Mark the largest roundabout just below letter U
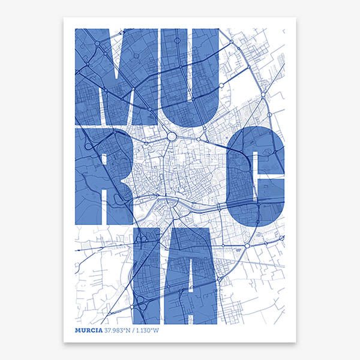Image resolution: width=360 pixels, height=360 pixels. pyautogui.click(x=172, y=136)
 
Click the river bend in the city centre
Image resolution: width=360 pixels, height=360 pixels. pyautogui.click(x=161, y=208)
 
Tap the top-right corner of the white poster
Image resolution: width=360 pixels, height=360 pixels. pyautogui.click(x=295, y=17)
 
